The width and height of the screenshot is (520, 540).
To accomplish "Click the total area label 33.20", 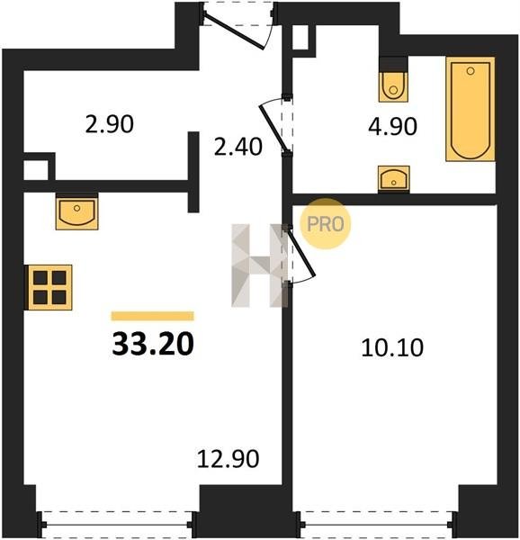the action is coord(153,344).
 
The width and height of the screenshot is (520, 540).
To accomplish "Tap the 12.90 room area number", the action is coord(228,459).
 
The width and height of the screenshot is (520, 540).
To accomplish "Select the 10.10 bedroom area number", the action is coord(392,347).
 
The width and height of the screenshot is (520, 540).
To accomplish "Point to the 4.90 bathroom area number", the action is coord(392,126).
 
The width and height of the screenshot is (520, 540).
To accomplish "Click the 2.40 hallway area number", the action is coord(238,147).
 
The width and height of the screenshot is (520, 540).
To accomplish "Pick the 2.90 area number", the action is coord(110,124).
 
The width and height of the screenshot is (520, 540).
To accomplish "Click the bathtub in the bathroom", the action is coord(471,109).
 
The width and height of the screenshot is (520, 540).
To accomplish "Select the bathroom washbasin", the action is coord(394,178).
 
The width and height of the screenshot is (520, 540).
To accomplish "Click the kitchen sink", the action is coord(77,212).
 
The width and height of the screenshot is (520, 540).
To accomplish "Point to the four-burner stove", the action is coord(49,287).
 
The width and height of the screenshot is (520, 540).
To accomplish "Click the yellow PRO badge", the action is coord(325,223).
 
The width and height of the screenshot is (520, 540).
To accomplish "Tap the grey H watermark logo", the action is coord(259,265).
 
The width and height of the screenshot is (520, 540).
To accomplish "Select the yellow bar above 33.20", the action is coord(152,316).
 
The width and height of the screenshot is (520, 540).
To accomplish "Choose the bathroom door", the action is coord(274,127).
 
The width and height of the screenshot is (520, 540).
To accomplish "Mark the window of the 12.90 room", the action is coord(116,525).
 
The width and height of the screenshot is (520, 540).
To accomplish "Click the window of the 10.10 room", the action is coord(378,525).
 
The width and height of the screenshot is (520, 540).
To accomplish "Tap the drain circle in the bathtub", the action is coord(471,71).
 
